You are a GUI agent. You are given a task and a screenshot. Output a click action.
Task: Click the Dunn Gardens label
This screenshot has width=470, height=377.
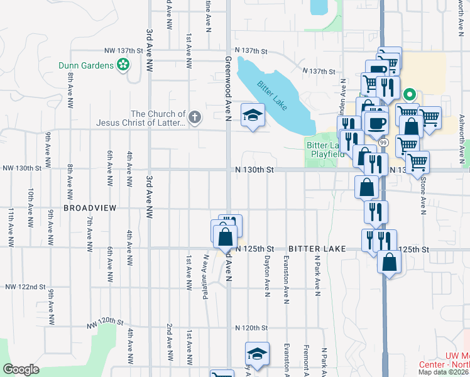click(x=85, y=64)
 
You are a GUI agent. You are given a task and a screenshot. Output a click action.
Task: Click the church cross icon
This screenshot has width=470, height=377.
click(x=195, y=116)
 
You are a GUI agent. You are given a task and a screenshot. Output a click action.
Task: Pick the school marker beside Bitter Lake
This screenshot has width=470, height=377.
click(x=253, y=115)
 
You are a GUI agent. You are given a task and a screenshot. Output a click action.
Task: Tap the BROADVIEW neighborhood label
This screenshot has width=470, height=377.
click(x=87, y=207)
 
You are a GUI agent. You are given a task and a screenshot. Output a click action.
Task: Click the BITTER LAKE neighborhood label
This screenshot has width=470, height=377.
click(x=317, y=249)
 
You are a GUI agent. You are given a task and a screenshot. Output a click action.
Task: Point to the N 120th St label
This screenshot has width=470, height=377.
click(x=251, y=328)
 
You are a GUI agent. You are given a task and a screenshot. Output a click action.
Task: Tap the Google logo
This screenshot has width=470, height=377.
click(x=21, y=369)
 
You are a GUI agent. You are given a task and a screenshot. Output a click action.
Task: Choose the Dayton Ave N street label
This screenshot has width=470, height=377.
click(x=267, y=276)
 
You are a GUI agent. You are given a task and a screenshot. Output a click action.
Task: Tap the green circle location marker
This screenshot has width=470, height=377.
click(x=410, y=96)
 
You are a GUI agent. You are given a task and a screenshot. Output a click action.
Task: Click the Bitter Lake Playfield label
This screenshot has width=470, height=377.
click(x=325, y=150)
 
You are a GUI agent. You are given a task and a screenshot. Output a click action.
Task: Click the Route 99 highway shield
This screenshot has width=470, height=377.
click(x=383, y=143)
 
